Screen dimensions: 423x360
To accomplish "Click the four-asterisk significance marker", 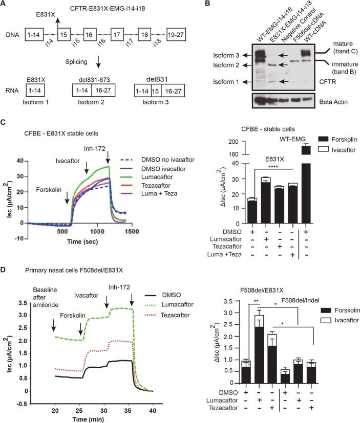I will pos(271,167).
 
